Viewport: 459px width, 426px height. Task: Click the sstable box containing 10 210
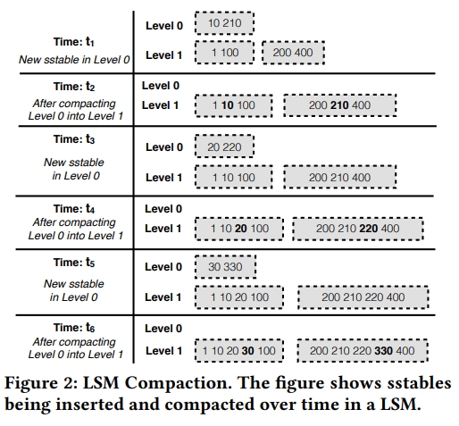[224, 23]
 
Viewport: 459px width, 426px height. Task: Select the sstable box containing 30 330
[225, 267]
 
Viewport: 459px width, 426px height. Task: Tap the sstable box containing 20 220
[224, 146]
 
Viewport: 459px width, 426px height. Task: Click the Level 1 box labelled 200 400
[293, 53]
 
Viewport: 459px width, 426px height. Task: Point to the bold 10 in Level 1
[228, 105]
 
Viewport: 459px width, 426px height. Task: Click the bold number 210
[339, 105]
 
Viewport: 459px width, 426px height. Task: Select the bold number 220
[369, 229]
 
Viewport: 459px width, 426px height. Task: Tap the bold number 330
[383, 351]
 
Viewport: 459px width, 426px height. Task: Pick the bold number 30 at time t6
[247, 351]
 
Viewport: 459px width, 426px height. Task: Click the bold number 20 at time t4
[241, 229]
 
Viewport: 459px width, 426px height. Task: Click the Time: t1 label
[74, 42]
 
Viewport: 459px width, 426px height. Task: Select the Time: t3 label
[74, 139]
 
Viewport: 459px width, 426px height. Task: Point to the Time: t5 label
[74, 263]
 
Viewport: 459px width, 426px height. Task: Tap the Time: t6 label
[74, 328]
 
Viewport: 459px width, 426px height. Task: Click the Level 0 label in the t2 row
[161, 86]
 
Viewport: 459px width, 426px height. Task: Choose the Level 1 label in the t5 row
[163, 297]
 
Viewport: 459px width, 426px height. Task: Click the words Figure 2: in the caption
[41, 383]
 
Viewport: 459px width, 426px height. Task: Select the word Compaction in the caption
[179, 383]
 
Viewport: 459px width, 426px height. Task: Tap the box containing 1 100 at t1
[224, 53]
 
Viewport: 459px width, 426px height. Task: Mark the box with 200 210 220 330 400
[363, 351]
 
